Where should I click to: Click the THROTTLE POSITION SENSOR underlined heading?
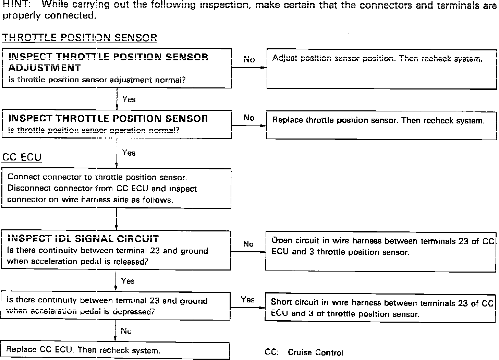pos(80,38)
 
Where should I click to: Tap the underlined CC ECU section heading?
pos(22,157)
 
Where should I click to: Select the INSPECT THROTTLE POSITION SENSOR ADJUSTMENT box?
pos(117,68)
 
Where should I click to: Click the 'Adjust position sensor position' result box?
pos(381,69)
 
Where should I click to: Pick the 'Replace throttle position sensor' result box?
pos(381,125)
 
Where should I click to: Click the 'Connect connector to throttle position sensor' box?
pos(117,189)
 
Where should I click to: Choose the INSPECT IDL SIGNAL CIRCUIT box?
pos(116,250)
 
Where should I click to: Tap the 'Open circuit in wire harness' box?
pos(380,251)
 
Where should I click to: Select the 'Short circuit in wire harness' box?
pos(380,308)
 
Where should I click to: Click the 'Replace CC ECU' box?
pos(115,350)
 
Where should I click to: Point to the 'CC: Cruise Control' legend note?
pos(304,352)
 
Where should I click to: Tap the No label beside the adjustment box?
pos(249,60)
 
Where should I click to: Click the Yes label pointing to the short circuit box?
pos(247,300)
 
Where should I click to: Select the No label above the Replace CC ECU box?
pos(126,331)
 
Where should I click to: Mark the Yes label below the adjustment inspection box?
pos(129,99)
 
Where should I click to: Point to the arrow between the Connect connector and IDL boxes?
pos(117,219)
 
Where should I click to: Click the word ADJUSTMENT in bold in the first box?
pos(44,68)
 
